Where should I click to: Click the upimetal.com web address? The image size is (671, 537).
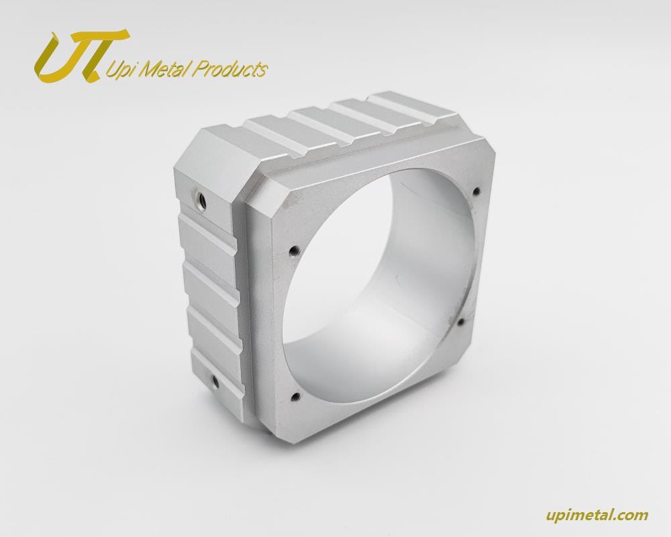coord(597,514)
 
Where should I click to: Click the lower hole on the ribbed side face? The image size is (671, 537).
coord(215,381)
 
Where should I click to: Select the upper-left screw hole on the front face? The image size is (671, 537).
coord(294,250)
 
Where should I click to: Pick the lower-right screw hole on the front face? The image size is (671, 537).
coord(462,321)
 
